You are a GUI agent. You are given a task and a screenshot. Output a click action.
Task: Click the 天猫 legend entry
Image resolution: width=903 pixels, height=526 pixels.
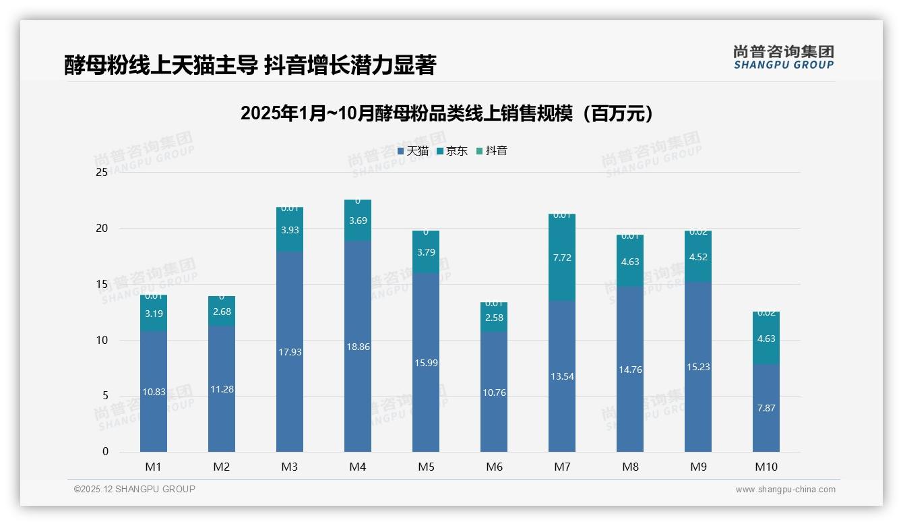[413, 151]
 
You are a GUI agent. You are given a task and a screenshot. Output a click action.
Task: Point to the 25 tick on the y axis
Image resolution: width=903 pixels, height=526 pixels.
[102, 173]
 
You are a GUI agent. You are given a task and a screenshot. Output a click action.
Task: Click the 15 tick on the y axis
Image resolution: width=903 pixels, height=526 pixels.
[102, 285]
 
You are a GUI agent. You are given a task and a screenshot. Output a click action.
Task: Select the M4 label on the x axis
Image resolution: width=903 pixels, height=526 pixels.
[358, 467]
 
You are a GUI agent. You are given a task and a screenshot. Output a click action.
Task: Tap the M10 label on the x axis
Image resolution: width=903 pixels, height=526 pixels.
[766, 467]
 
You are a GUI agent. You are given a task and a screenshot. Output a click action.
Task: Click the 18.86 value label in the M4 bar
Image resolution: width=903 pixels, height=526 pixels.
[358, 347]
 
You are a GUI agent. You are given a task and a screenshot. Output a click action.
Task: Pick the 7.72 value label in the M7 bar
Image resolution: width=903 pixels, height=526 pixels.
[562, 258]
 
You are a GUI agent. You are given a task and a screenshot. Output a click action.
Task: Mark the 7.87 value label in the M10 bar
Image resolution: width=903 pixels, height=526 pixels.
[766, 408]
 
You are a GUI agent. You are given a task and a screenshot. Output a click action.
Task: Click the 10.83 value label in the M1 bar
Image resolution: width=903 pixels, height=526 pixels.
[154, 392]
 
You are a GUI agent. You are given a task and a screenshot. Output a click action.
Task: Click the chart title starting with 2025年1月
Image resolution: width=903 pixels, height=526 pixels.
[447, 113]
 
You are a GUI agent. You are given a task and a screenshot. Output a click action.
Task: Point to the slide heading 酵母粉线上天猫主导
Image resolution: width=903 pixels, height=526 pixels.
[250, 65]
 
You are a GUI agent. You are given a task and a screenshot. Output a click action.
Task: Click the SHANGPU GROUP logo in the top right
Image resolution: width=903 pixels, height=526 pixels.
[783, 57]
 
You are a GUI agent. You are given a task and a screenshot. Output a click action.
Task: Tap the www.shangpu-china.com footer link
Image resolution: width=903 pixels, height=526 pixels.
[785, 490]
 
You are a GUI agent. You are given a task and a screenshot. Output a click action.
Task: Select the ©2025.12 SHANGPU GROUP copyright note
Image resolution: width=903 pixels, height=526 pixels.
[135, 489]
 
